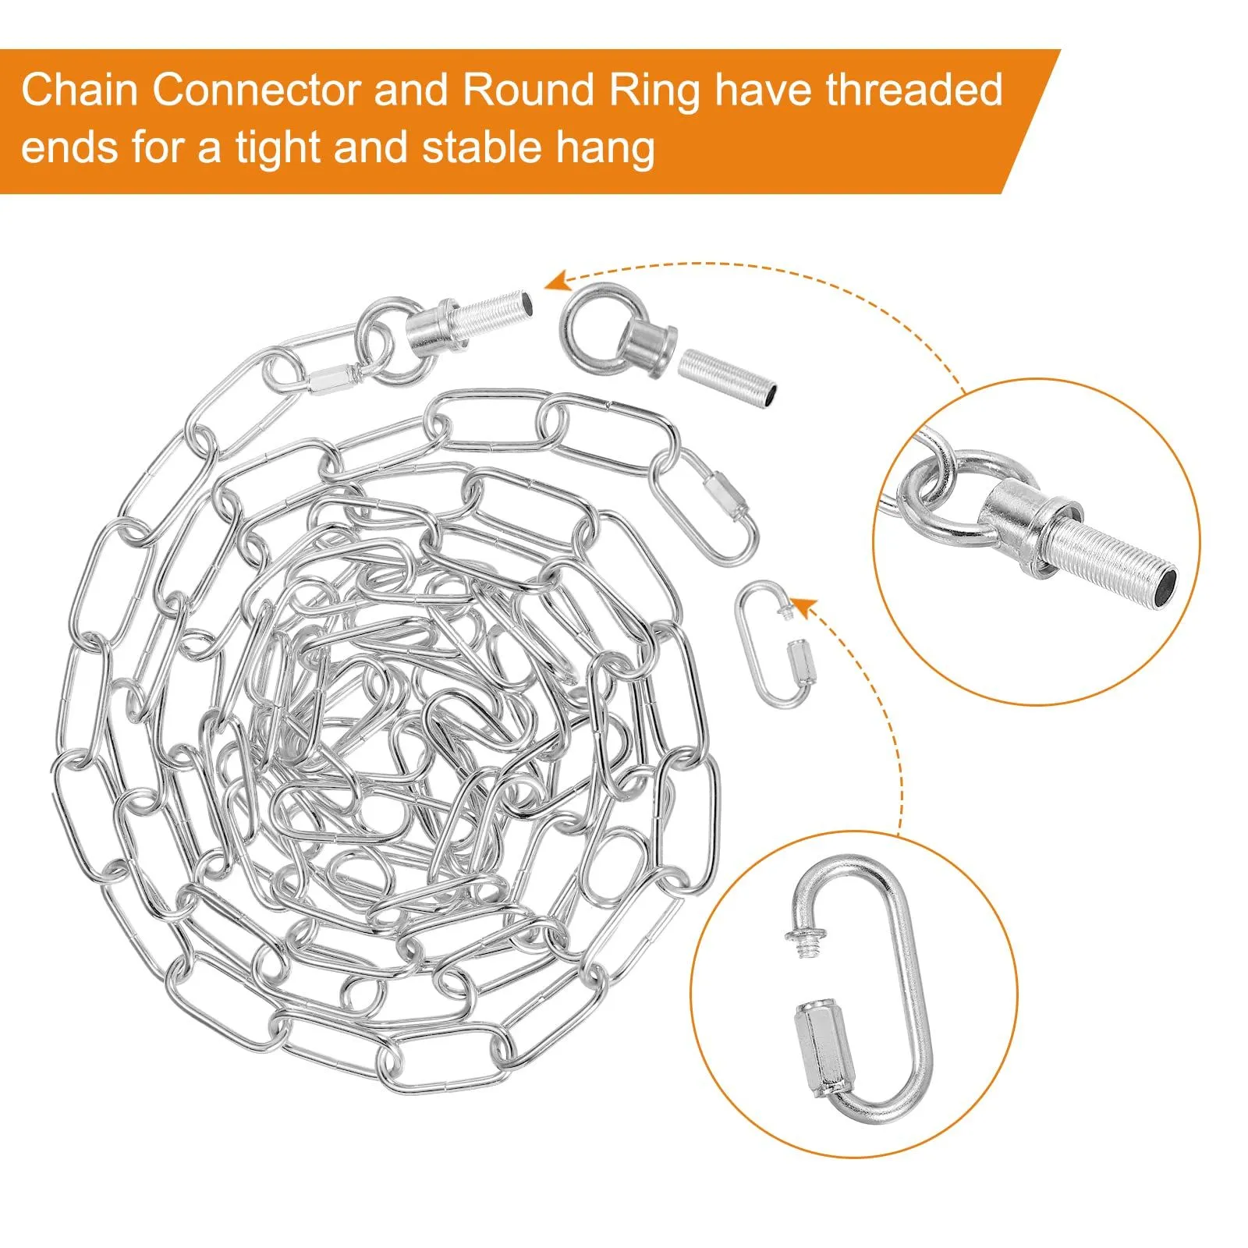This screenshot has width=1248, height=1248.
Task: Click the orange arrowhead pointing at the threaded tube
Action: click(556, 281)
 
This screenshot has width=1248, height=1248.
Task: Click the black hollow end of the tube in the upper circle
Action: click(1165, 583)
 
